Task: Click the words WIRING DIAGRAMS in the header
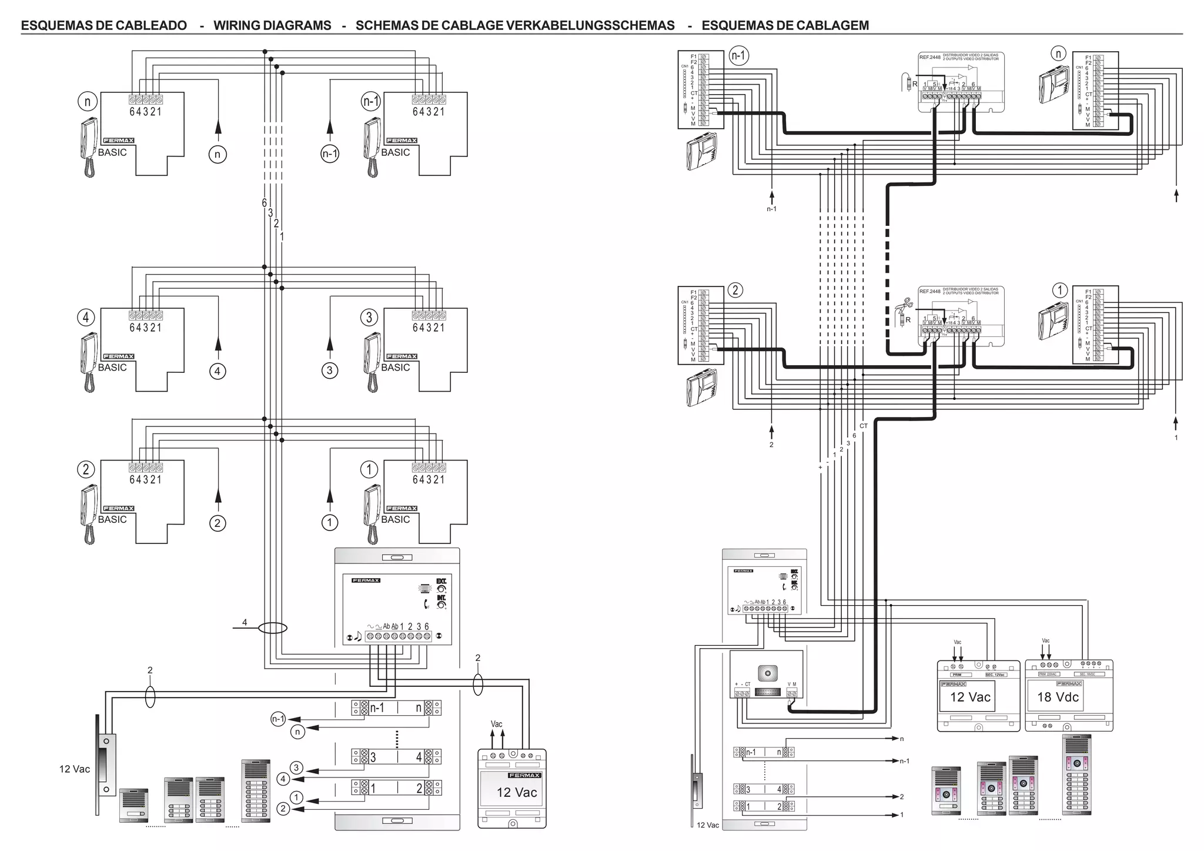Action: coord(272,25)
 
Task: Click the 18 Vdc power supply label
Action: coord(1058,698)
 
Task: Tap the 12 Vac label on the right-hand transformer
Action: coord(970,698)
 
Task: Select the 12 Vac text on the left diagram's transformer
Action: coord(516,793)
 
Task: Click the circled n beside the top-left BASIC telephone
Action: coord(87,102)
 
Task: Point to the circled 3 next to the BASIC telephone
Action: coord(369,318)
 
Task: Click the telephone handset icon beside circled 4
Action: coord(88,361)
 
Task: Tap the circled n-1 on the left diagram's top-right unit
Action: coord(370,102)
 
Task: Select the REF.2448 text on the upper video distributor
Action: coord(929,57)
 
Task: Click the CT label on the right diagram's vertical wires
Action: coord(863,426)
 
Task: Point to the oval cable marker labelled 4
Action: coord(273,628)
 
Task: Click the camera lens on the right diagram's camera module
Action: coord(767,672)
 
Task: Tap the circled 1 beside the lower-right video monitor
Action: coord(1059,290)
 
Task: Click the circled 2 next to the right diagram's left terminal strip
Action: coord(735,290)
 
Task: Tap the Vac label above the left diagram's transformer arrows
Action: coord(497,724)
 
